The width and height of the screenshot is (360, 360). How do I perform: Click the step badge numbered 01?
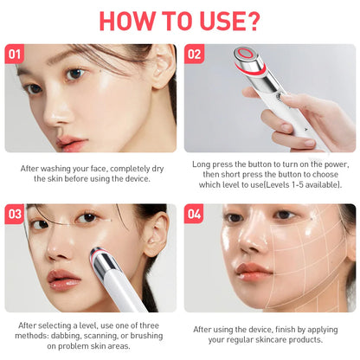[14, 54]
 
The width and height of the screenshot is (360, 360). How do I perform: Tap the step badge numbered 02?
[195, 54]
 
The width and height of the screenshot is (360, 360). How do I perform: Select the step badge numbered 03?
[14, 214]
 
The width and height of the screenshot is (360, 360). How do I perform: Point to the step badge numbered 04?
[195, 214]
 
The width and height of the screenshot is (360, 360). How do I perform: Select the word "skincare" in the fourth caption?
[274, 340]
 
